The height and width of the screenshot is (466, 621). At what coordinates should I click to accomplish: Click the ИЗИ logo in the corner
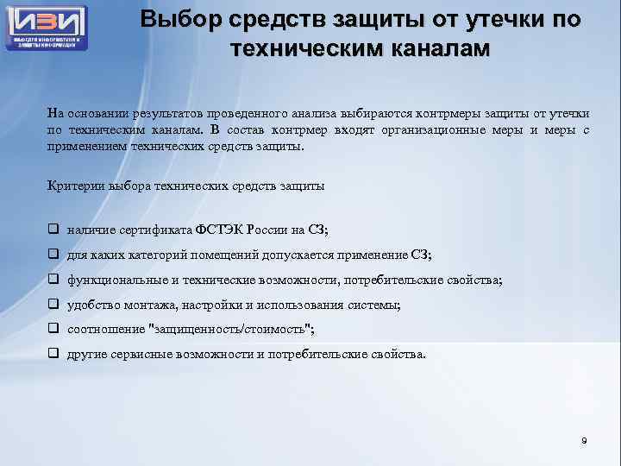click(x=47, y=26)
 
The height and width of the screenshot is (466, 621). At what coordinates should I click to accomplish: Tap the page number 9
click(x=584, y=441)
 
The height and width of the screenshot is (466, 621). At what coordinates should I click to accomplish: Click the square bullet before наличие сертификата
click(x=53, y=230)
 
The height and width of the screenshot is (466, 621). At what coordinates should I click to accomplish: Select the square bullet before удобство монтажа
click(x=53, y=305)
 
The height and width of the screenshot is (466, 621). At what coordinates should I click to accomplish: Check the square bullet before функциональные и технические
click(x=53, y=280)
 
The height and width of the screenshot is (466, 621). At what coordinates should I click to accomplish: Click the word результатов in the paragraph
click(x=182, y=112)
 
